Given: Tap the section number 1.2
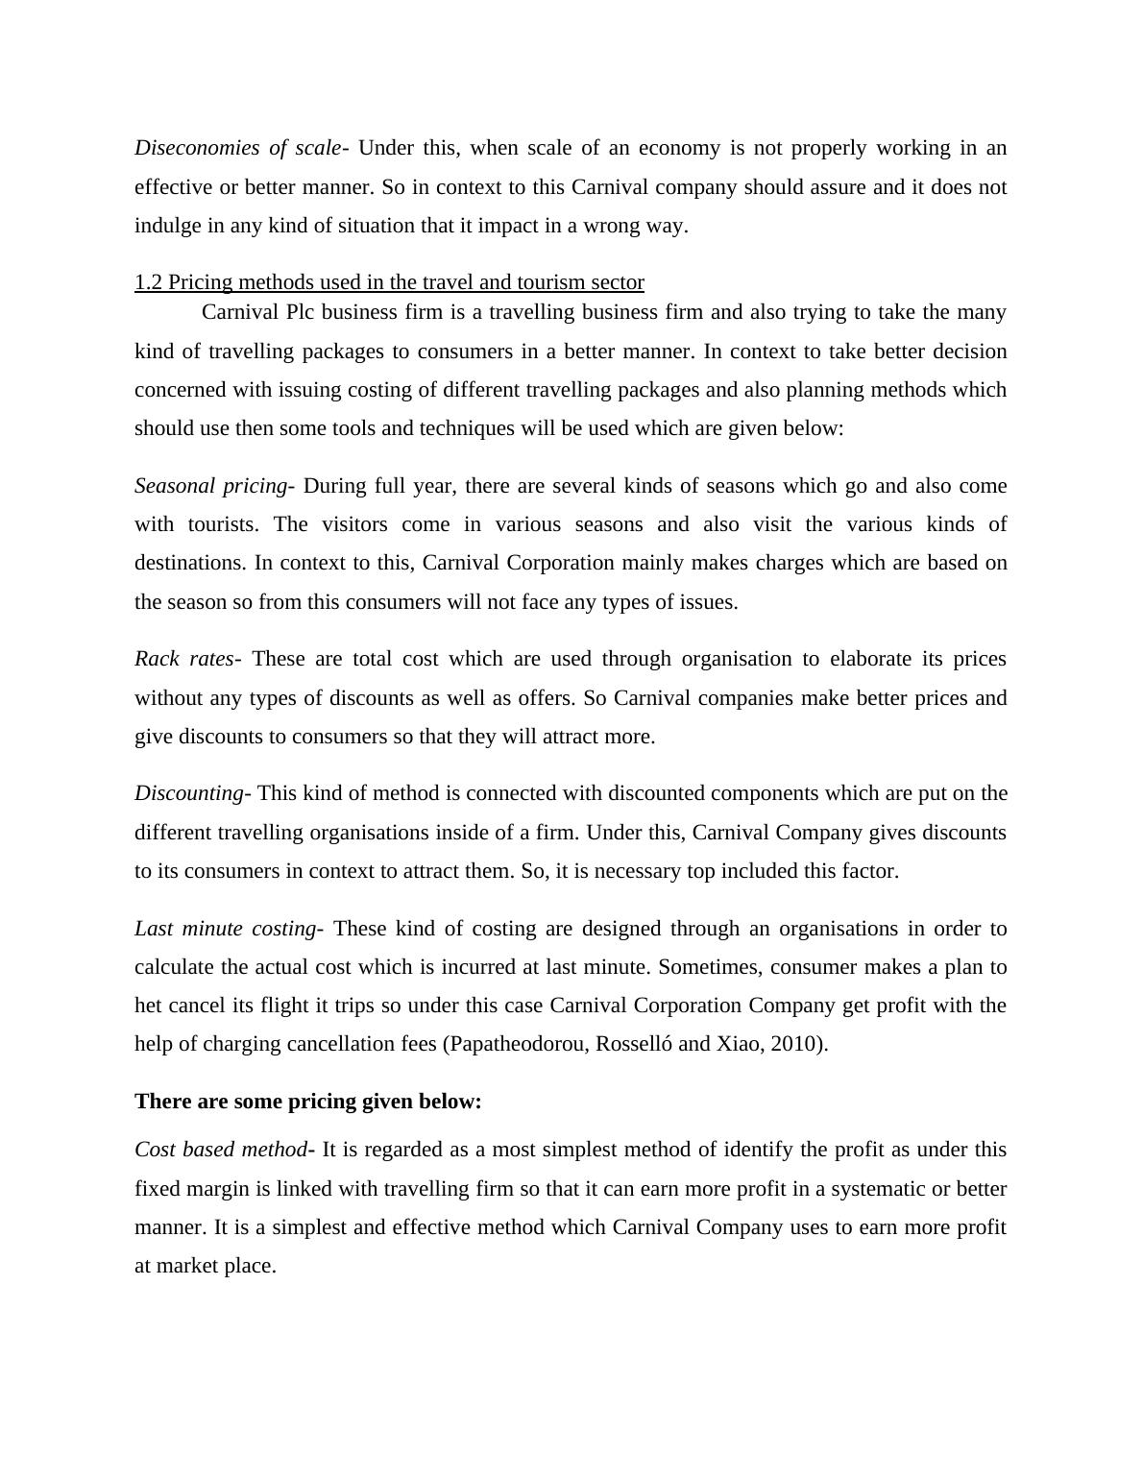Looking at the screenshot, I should tap(149, 282).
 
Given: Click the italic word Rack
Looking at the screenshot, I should tap(154, 659).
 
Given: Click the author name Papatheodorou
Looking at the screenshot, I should tap(517, 1044).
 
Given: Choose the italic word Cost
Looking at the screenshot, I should tap(155, 1150).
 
